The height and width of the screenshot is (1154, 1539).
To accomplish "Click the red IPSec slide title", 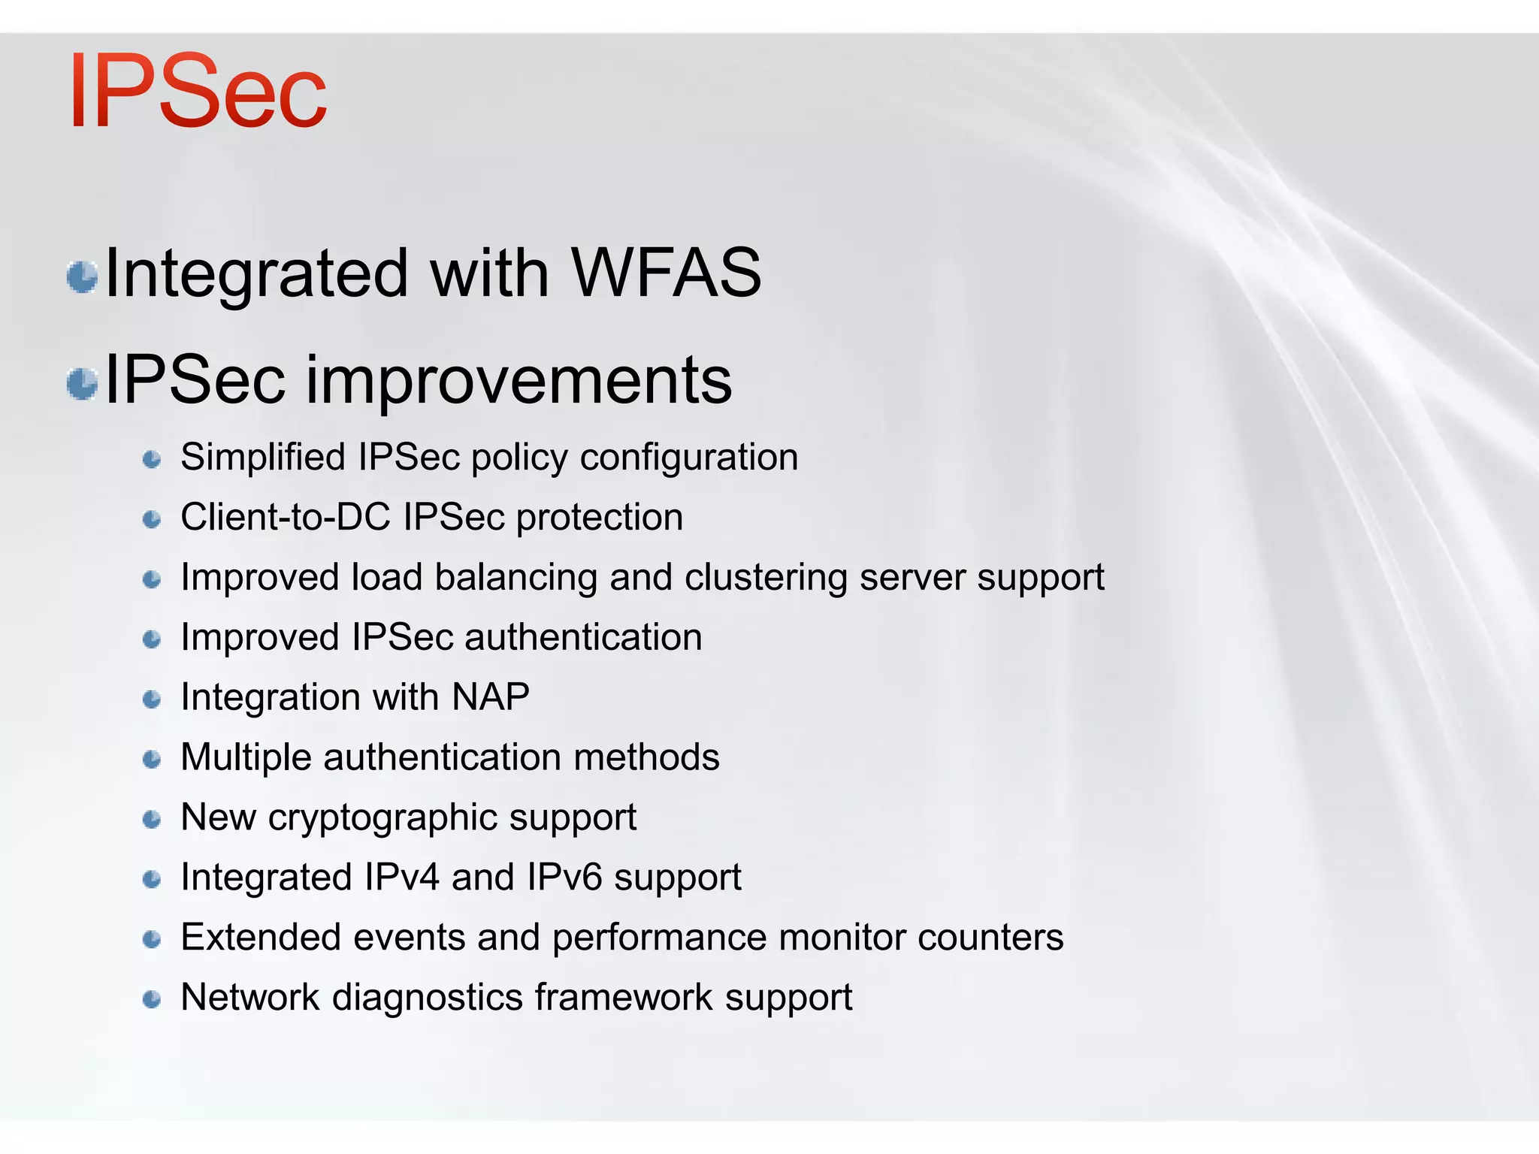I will [x=198, y=92].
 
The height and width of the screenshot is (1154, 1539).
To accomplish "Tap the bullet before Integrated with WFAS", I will [x=82, y=276].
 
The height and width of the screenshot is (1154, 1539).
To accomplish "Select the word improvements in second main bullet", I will [x=519, y=381].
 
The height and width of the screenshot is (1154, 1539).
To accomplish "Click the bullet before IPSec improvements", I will [x=82, y=384].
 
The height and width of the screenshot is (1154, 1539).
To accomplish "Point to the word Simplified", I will [x=262, y=457].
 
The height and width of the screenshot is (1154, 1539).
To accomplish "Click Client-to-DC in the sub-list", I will [x=285, y=517].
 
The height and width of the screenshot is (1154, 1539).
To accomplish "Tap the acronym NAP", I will [x=490, y=696].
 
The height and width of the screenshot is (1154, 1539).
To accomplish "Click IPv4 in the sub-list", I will [x=401, y=877].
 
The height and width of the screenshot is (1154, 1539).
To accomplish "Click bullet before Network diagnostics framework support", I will [x=152, y=999].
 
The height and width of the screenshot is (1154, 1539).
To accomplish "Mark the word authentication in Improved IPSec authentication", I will [x=583, y=637].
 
